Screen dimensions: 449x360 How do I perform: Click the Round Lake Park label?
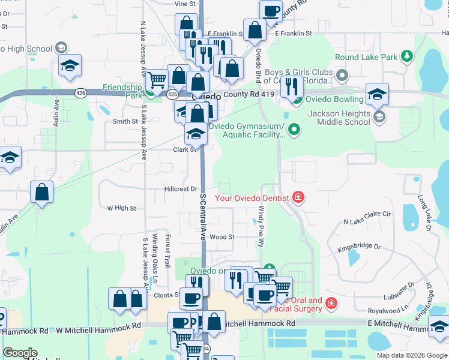[x=366, y=57]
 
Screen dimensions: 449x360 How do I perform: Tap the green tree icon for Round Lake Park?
[x=407, y=56]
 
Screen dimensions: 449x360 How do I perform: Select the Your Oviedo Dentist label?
[x=252, y=197]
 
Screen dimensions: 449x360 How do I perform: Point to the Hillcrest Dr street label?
[x=181, y=188]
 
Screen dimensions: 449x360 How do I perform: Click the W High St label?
[x=121, y=208]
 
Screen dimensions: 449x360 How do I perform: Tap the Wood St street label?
[x=222, y=237]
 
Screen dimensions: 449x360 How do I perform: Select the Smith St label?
[x=125, y=121]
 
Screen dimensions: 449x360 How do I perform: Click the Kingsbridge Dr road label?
[x=359, y=247]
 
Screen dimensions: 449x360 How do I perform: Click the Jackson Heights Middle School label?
[x=339, y=118]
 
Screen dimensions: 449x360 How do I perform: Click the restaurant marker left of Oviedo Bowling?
[x=292, y=86]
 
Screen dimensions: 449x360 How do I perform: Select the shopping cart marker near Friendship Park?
[x=157, y=79]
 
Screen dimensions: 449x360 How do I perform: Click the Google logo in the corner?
[x=19, y=352]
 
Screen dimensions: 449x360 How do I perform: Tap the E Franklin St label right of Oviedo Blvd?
[x=294, y=34]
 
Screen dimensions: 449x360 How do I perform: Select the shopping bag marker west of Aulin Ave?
[x=42, y=193]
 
